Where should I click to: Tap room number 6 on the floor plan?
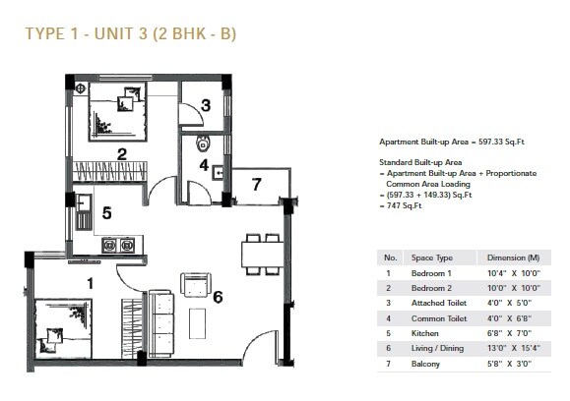point(218,296)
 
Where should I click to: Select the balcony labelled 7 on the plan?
point(256,184)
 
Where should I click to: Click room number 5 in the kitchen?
point(106,211)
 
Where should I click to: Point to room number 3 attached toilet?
point(206,105)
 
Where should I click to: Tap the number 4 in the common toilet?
point(204,165)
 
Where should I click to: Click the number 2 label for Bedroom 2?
point(122,153)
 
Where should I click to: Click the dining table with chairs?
point(261,253)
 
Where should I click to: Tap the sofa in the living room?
point(163,322)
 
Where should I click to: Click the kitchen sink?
point(86,205)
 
